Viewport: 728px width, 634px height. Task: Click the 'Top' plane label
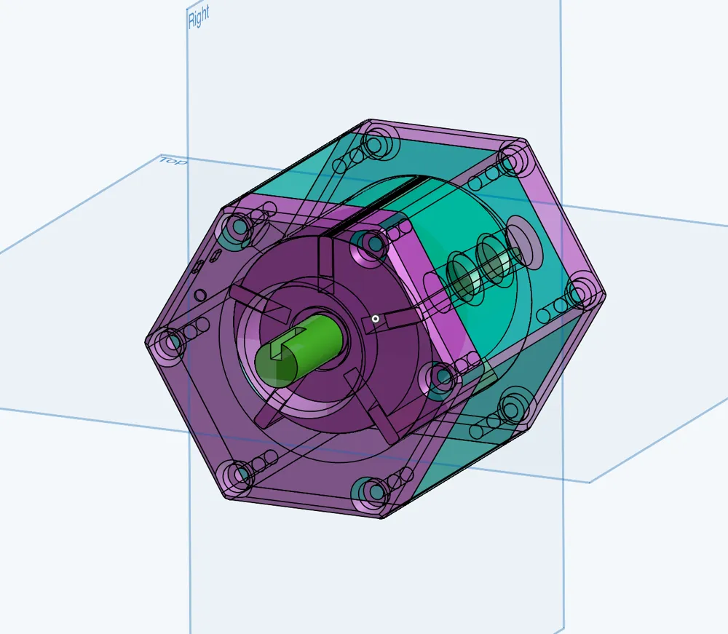coord(173,160)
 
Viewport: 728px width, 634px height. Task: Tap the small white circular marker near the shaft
coord(375,318)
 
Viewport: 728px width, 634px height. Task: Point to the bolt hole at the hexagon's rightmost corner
coord(579,295)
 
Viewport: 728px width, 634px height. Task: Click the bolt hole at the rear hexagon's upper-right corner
coord(513,155)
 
